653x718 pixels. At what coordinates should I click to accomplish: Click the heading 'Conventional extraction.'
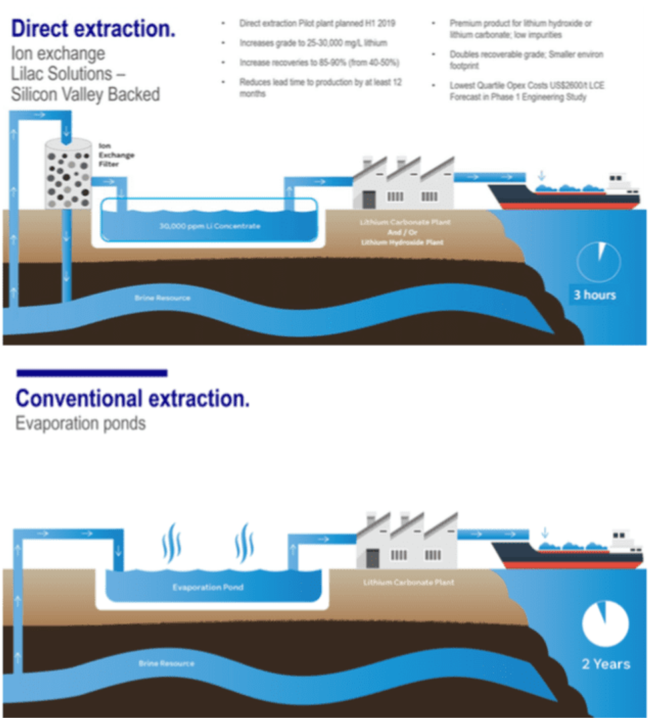tap(133, 399)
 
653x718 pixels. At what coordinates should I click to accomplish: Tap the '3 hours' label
tap(594, 294)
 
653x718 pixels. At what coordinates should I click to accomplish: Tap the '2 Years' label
tap(605, 663)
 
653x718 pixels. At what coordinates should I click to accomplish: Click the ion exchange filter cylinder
tap(67, 175)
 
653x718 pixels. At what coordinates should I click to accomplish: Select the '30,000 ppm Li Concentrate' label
tap(209, 226)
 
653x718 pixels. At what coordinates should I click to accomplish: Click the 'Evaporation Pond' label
tap(208, 587)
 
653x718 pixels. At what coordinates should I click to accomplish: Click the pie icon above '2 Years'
tap(605, 624)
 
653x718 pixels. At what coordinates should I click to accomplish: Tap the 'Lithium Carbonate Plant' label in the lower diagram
tap(408, 582)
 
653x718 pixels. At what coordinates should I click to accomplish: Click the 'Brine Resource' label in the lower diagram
tap(167, 663)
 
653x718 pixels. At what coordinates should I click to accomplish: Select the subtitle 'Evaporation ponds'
tap(80, 423)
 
